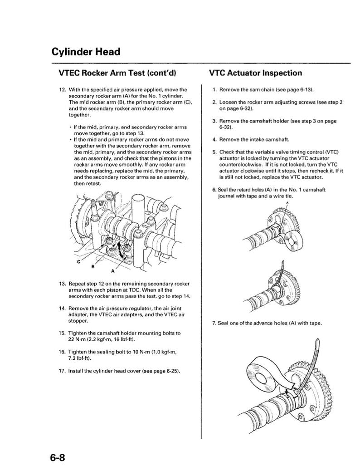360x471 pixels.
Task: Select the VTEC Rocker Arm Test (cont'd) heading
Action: click(117, 73)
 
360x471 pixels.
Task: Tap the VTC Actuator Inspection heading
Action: click(256, 73)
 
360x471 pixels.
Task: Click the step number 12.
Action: click(63, 90)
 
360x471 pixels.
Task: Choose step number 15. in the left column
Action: click(63, 333)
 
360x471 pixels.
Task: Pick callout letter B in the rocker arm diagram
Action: click(93, 266)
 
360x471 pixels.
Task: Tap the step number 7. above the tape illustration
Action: click(214, 323)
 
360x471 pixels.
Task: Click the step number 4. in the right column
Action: click(214, 139)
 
